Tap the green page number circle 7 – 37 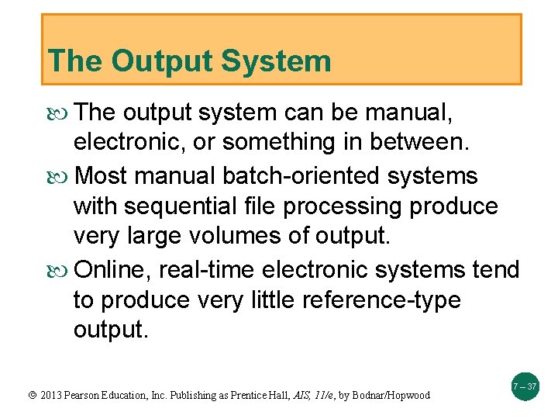(x=525, y=386)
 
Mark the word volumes (x=269, y=237)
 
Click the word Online (x=114, y=270)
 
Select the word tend (x=495, y=270)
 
